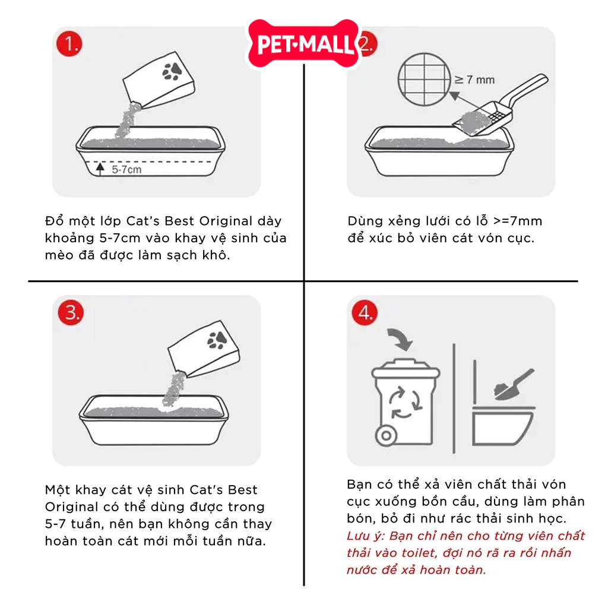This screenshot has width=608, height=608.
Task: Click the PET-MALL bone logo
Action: click(303, 44)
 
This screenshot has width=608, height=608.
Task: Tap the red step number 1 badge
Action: click(69, 44)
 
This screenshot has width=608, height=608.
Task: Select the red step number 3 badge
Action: click(71, 312)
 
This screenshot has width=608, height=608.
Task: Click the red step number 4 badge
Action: click(365, 312)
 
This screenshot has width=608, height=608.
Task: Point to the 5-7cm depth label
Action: click(126, 169)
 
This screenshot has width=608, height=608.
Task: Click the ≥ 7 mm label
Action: click(474, 80)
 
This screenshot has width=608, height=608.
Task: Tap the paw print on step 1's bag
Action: click(172, 71)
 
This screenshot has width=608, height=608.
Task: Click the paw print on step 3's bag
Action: click(217, 340)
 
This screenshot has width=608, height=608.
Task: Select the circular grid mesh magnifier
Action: click(425, 80)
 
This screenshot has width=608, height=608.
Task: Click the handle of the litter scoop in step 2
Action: click(526, 89)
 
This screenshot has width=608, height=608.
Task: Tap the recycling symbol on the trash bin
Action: click(405, 403)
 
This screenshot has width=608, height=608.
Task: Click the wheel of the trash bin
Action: click(386, 435)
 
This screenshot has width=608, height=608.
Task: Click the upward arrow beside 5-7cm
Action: click(100, 169)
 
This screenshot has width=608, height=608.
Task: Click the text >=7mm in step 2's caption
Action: click(518, 221)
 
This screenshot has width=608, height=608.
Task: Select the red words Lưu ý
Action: click(365, 536)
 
